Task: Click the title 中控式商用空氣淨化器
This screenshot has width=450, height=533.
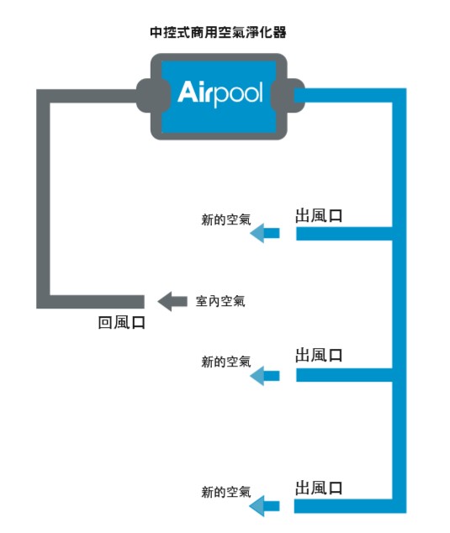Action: click(x=218, y=32)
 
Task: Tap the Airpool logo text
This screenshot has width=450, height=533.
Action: click(x=220, y=92)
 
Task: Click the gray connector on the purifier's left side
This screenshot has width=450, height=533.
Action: click(x=150, y=96)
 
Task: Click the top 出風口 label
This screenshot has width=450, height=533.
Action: click(x=319, y=216)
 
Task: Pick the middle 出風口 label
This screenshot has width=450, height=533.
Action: click(x=319, y=356)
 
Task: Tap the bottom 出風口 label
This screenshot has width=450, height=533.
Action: click(x=319, y=488)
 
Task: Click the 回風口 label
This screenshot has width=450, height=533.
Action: click(x=121, y=322)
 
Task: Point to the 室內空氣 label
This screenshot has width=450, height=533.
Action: click(x=220, y=301)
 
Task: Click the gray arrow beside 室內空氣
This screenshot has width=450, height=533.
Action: click(x=172, y=302)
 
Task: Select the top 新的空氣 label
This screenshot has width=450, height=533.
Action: click(x=226, y=219)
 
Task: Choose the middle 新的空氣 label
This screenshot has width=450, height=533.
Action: click(x=226, y=361)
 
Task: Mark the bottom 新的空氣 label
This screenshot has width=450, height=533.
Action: click(x=226, y=492)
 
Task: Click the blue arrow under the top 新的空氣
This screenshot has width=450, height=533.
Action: click(x=265, y=234)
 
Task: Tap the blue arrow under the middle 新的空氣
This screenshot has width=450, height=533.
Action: click(x=265, y=376)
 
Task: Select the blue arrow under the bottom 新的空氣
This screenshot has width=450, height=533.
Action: click(x=265, y=506)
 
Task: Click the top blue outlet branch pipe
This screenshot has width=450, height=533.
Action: click(x=344, y=234)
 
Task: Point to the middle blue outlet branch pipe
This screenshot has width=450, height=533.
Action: click(x=344, y=375)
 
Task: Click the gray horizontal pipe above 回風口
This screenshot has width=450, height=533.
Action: click(x=91, y=302)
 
